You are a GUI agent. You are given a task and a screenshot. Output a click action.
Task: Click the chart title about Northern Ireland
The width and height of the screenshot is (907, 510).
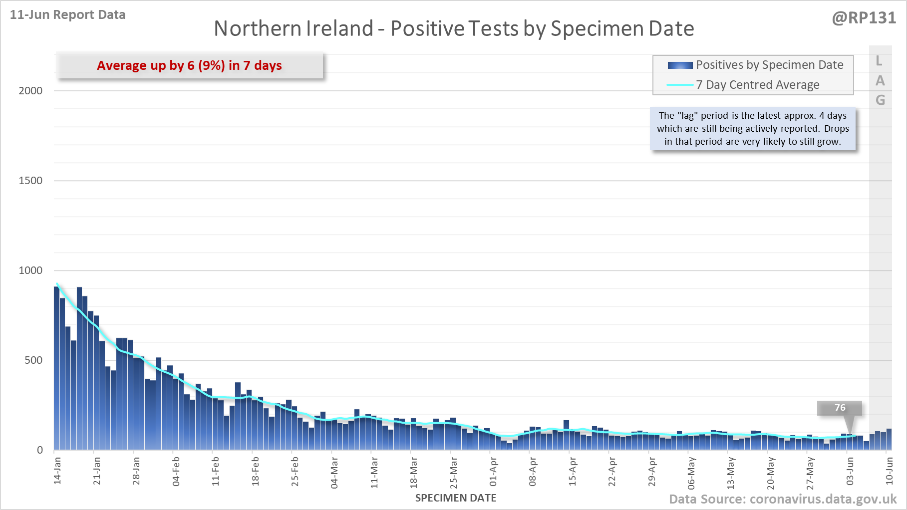(454, 28)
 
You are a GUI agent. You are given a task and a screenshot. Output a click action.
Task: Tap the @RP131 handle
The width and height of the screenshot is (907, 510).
(864, 18)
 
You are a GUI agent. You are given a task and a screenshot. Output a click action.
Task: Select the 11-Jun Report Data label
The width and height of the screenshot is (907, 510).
(67, 15)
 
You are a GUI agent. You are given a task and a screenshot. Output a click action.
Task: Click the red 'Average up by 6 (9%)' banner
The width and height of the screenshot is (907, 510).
(189, 65)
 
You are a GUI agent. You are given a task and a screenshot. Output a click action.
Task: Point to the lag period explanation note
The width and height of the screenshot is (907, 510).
(753, 129)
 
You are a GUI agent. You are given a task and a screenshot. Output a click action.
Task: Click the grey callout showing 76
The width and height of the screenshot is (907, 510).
(840, 408)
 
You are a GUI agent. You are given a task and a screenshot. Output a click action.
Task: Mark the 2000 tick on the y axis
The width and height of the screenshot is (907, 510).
(30, 91)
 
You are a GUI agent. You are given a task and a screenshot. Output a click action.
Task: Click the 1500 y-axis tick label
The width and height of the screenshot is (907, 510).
(30, 181)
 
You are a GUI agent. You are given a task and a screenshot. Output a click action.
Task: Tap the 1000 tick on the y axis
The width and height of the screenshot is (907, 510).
(30, 270)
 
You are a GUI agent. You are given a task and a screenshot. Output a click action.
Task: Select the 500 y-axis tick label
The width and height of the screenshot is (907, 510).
(33, 360)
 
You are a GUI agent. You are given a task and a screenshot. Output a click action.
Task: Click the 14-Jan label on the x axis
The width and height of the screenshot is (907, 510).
(57, 471)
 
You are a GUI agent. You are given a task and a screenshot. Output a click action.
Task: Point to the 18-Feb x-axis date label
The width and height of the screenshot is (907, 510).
(256, 471)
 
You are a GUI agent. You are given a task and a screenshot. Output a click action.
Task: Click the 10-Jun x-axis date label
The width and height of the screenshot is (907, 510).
(889, 471)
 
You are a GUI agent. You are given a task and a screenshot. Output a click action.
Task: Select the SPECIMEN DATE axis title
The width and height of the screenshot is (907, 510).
(456, 498)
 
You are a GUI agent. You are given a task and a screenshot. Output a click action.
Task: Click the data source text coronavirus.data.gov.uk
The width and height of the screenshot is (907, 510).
(783, 499)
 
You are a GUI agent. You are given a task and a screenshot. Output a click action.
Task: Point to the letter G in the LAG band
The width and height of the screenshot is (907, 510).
(880, 100)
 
